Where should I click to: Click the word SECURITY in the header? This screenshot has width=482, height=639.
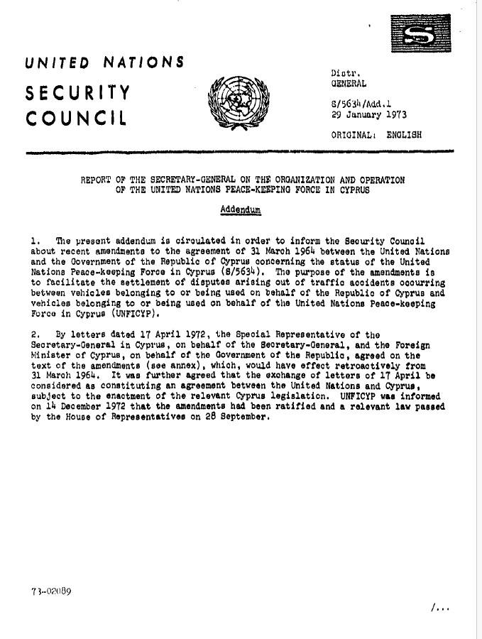pos(78,92)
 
